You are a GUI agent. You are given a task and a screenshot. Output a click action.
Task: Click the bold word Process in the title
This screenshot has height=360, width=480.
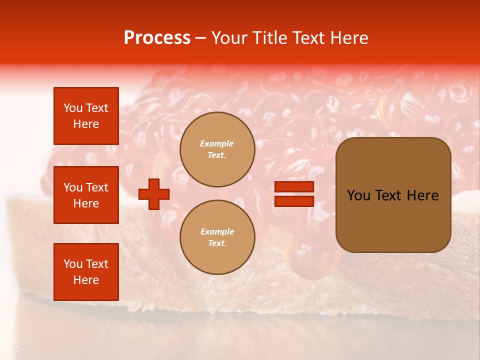[157, 38]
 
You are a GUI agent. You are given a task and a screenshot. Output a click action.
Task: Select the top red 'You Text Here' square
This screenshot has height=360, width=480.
[86, 116]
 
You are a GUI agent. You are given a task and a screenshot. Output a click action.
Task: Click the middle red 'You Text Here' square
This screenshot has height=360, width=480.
[86, 195]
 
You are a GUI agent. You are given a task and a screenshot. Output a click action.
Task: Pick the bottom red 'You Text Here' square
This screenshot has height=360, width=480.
[86, 271]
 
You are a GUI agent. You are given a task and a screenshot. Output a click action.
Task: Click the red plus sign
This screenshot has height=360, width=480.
[154, 194]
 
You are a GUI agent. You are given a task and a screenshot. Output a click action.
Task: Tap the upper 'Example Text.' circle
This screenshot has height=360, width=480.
[217, 149]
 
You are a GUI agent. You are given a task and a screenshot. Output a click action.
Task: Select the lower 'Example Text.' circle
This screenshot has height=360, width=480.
[217, 237]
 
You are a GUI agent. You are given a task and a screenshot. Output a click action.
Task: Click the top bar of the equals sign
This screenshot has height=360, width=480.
[294, 187]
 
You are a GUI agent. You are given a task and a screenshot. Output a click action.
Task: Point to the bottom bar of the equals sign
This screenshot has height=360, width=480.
[294, 201]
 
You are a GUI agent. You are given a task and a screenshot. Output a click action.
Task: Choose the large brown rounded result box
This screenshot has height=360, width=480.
[393, 195]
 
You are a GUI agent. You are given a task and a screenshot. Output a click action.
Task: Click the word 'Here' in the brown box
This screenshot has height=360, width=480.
[422, 195]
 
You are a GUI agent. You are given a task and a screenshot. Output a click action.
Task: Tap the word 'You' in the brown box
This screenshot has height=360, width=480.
[358, 195]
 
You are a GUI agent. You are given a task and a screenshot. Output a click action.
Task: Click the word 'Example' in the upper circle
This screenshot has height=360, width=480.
[217, 143]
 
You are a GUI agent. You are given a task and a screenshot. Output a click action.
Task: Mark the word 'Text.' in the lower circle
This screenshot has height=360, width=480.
[217, 243]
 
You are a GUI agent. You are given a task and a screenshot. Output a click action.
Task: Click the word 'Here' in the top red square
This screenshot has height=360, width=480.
[86, 124]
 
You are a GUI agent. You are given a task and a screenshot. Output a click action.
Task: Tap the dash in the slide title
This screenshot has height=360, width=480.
[200, 38]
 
